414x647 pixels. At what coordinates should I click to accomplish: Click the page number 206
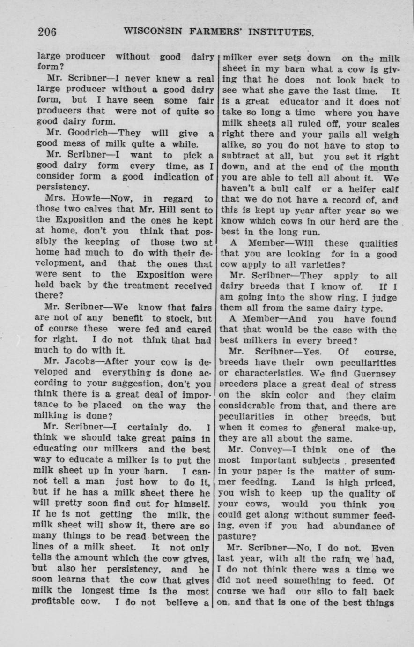pos(47,32)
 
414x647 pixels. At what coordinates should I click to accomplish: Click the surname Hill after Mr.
pos(169,209)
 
